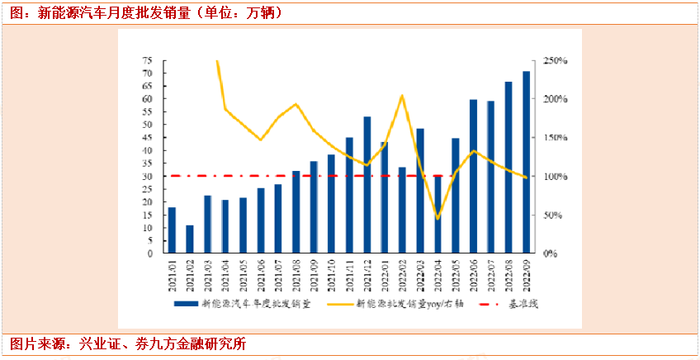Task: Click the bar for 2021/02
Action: coord(190,239)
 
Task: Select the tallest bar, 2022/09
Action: coord(527,163)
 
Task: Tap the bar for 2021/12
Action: coord(367,185)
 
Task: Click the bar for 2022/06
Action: coord(474,177)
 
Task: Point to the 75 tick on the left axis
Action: coord(147,61)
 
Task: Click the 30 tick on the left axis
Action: coord(147,177)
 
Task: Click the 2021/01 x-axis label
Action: coord(172,272)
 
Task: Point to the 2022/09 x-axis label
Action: coord(527,272)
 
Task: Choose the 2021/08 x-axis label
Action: coord(296,272)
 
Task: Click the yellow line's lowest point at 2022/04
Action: coord(437,218)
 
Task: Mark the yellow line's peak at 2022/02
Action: coord(402,96)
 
